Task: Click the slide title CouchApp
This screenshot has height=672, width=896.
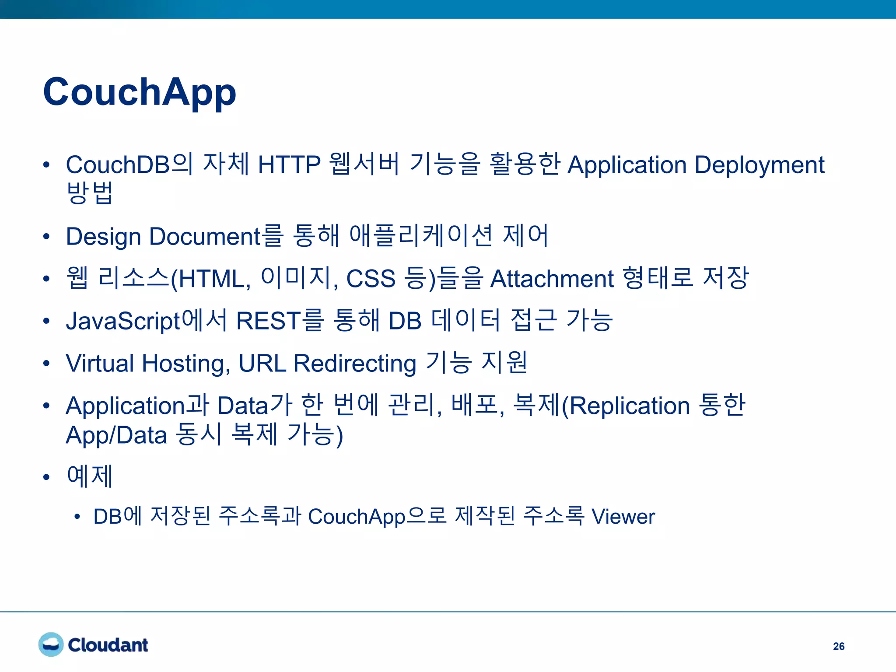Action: (140, 92)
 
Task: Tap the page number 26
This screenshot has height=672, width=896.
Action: (838, 646)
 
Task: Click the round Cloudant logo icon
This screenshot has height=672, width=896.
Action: (51, 644)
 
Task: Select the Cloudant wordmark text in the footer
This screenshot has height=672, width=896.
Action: (108, 645)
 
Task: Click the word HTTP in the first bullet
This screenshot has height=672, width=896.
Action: (289, 165)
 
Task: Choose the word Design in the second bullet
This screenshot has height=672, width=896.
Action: (103, 237)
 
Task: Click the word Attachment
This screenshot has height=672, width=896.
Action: (552, 279)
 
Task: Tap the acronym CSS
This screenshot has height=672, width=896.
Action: (371, 279)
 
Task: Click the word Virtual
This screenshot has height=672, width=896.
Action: (100, 363)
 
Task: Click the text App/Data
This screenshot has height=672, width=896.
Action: (116, 435)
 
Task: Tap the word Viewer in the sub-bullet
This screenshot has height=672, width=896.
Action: (623, 517)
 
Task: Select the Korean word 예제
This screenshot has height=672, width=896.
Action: (90, 476)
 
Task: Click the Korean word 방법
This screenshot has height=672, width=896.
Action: (90, 192)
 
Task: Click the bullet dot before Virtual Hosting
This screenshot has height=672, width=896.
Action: (47, 364)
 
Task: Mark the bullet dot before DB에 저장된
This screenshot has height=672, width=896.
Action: (77, 517)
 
